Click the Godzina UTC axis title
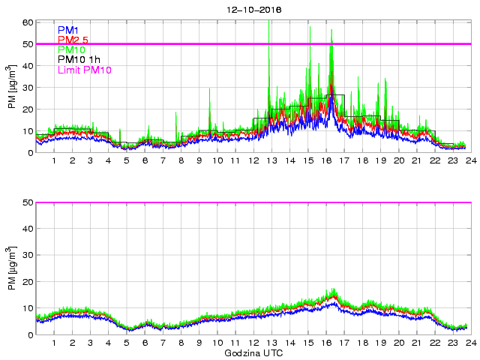(253, 352)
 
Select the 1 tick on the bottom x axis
(54, 342)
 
